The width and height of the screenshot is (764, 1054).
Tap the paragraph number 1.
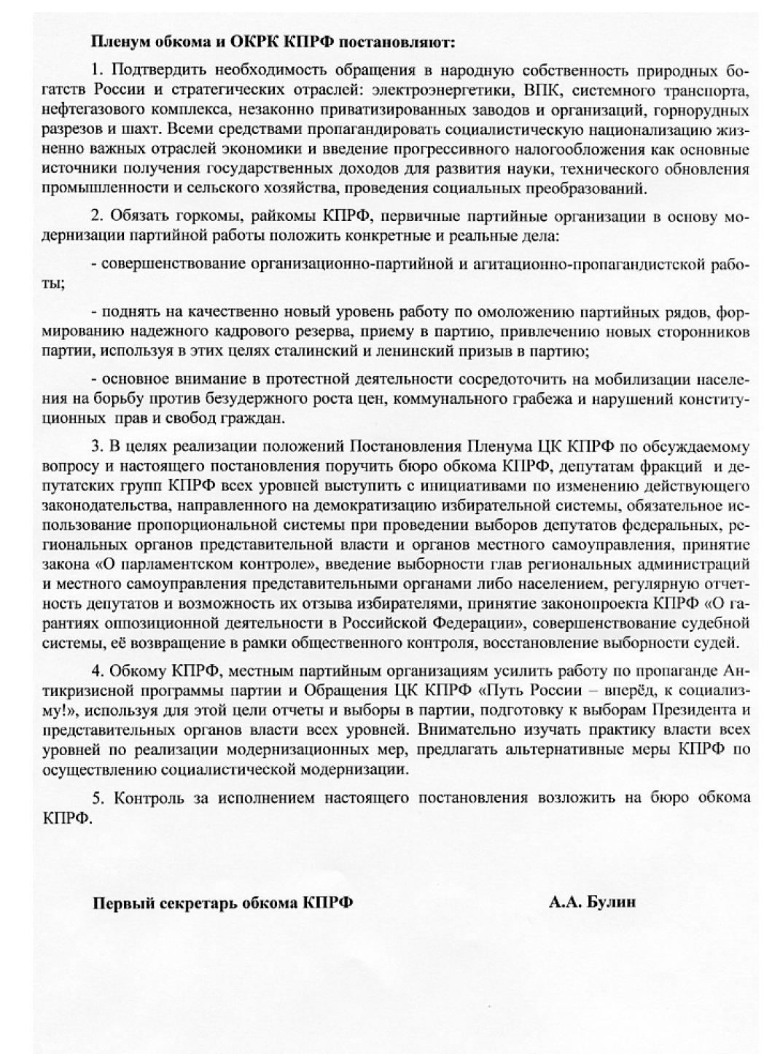pos(95,71)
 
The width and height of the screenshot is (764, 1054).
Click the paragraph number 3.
pos(95,445)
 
